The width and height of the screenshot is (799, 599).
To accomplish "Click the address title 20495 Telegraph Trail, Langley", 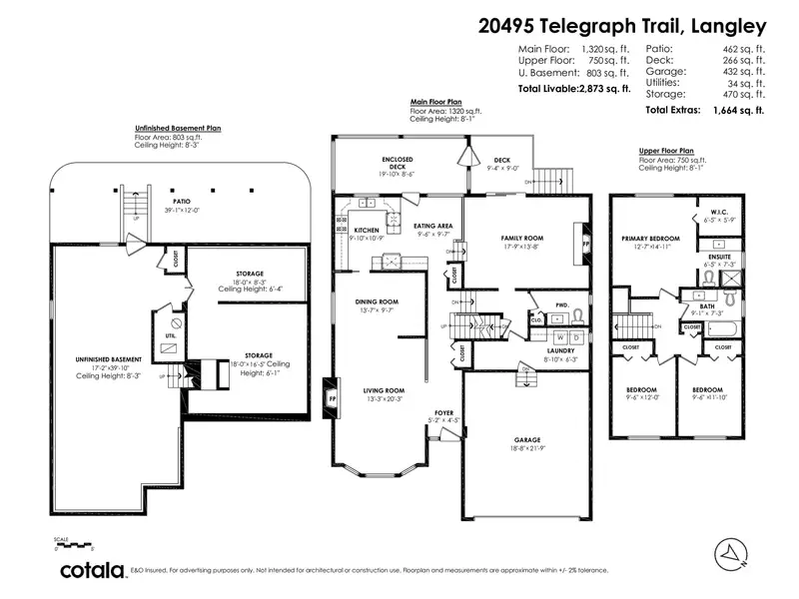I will tap(621, 27).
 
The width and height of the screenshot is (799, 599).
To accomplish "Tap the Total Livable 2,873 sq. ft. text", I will tap(573, 89).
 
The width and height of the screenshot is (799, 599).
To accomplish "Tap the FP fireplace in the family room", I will tap(586, 241).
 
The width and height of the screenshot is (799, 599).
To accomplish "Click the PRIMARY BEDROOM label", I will tap(650, 239).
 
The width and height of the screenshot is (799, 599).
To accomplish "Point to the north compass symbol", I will tap(732, 550).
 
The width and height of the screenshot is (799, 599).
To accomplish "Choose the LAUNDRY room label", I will tap(560, 350).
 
